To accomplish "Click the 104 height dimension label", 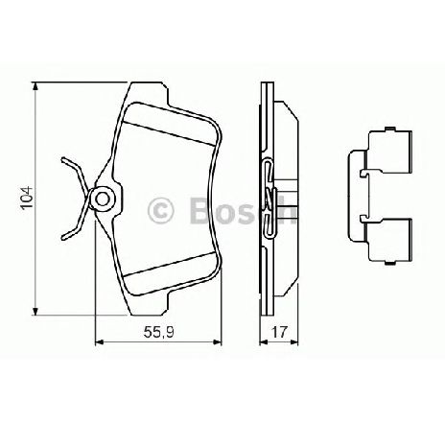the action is (27, 198).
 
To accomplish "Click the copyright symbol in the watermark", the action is (160, 209).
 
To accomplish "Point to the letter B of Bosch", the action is (200, 210).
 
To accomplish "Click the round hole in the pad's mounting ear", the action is (102, 200).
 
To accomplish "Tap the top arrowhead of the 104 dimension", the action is (35, 87).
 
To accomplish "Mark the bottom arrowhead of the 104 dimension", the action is (35, 311).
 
